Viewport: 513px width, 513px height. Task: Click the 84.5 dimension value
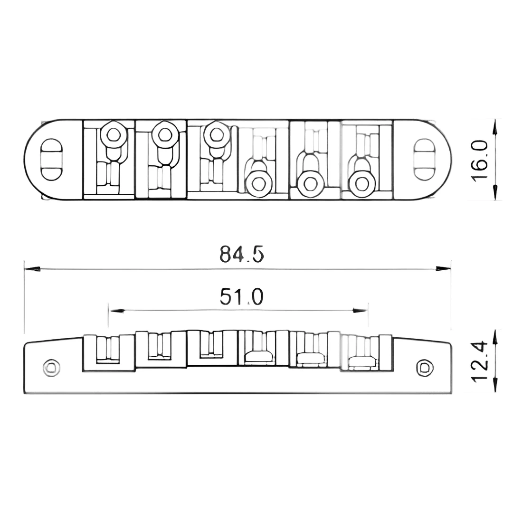click(x=241, y=255)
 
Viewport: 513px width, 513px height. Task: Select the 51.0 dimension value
click(x=241, y=297)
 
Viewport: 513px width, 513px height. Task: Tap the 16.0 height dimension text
click(x=481, y=160)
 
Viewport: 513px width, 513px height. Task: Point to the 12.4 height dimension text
click(x=481, y=361)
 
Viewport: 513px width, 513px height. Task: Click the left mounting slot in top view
click(x=51, y=160)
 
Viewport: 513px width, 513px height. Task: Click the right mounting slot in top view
click(x=424, y=160)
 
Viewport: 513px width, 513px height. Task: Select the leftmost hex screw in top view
click(x=114, y=134)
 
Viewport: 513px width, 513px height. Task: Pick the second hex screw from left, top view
click(x=165, y=134)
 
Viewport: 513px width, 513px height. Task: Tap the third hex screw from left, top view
click(x=217, y=134)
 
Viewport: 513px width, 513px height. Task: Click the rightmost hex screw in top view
click(x=362, y=184)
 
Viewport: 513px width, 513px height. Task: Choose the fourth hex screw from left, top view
click(x=259, y=184)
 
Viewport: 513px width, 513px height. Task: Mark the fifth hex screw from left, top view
click(x=311, y=184)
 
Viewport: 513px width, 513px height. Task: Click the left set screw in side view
click(x=51, y=368)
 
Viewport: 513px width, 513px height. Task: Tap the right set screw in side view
click(x=425, y=368)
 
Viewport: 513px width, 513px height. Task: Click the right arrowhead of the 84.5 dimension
click(x=444, y=269)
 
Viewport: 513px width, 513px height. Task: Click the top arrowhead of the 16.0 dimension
click(x=495, y=126)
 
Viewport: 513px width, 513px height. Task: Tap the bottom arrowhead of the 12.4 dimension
click(x=495, y=386)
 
